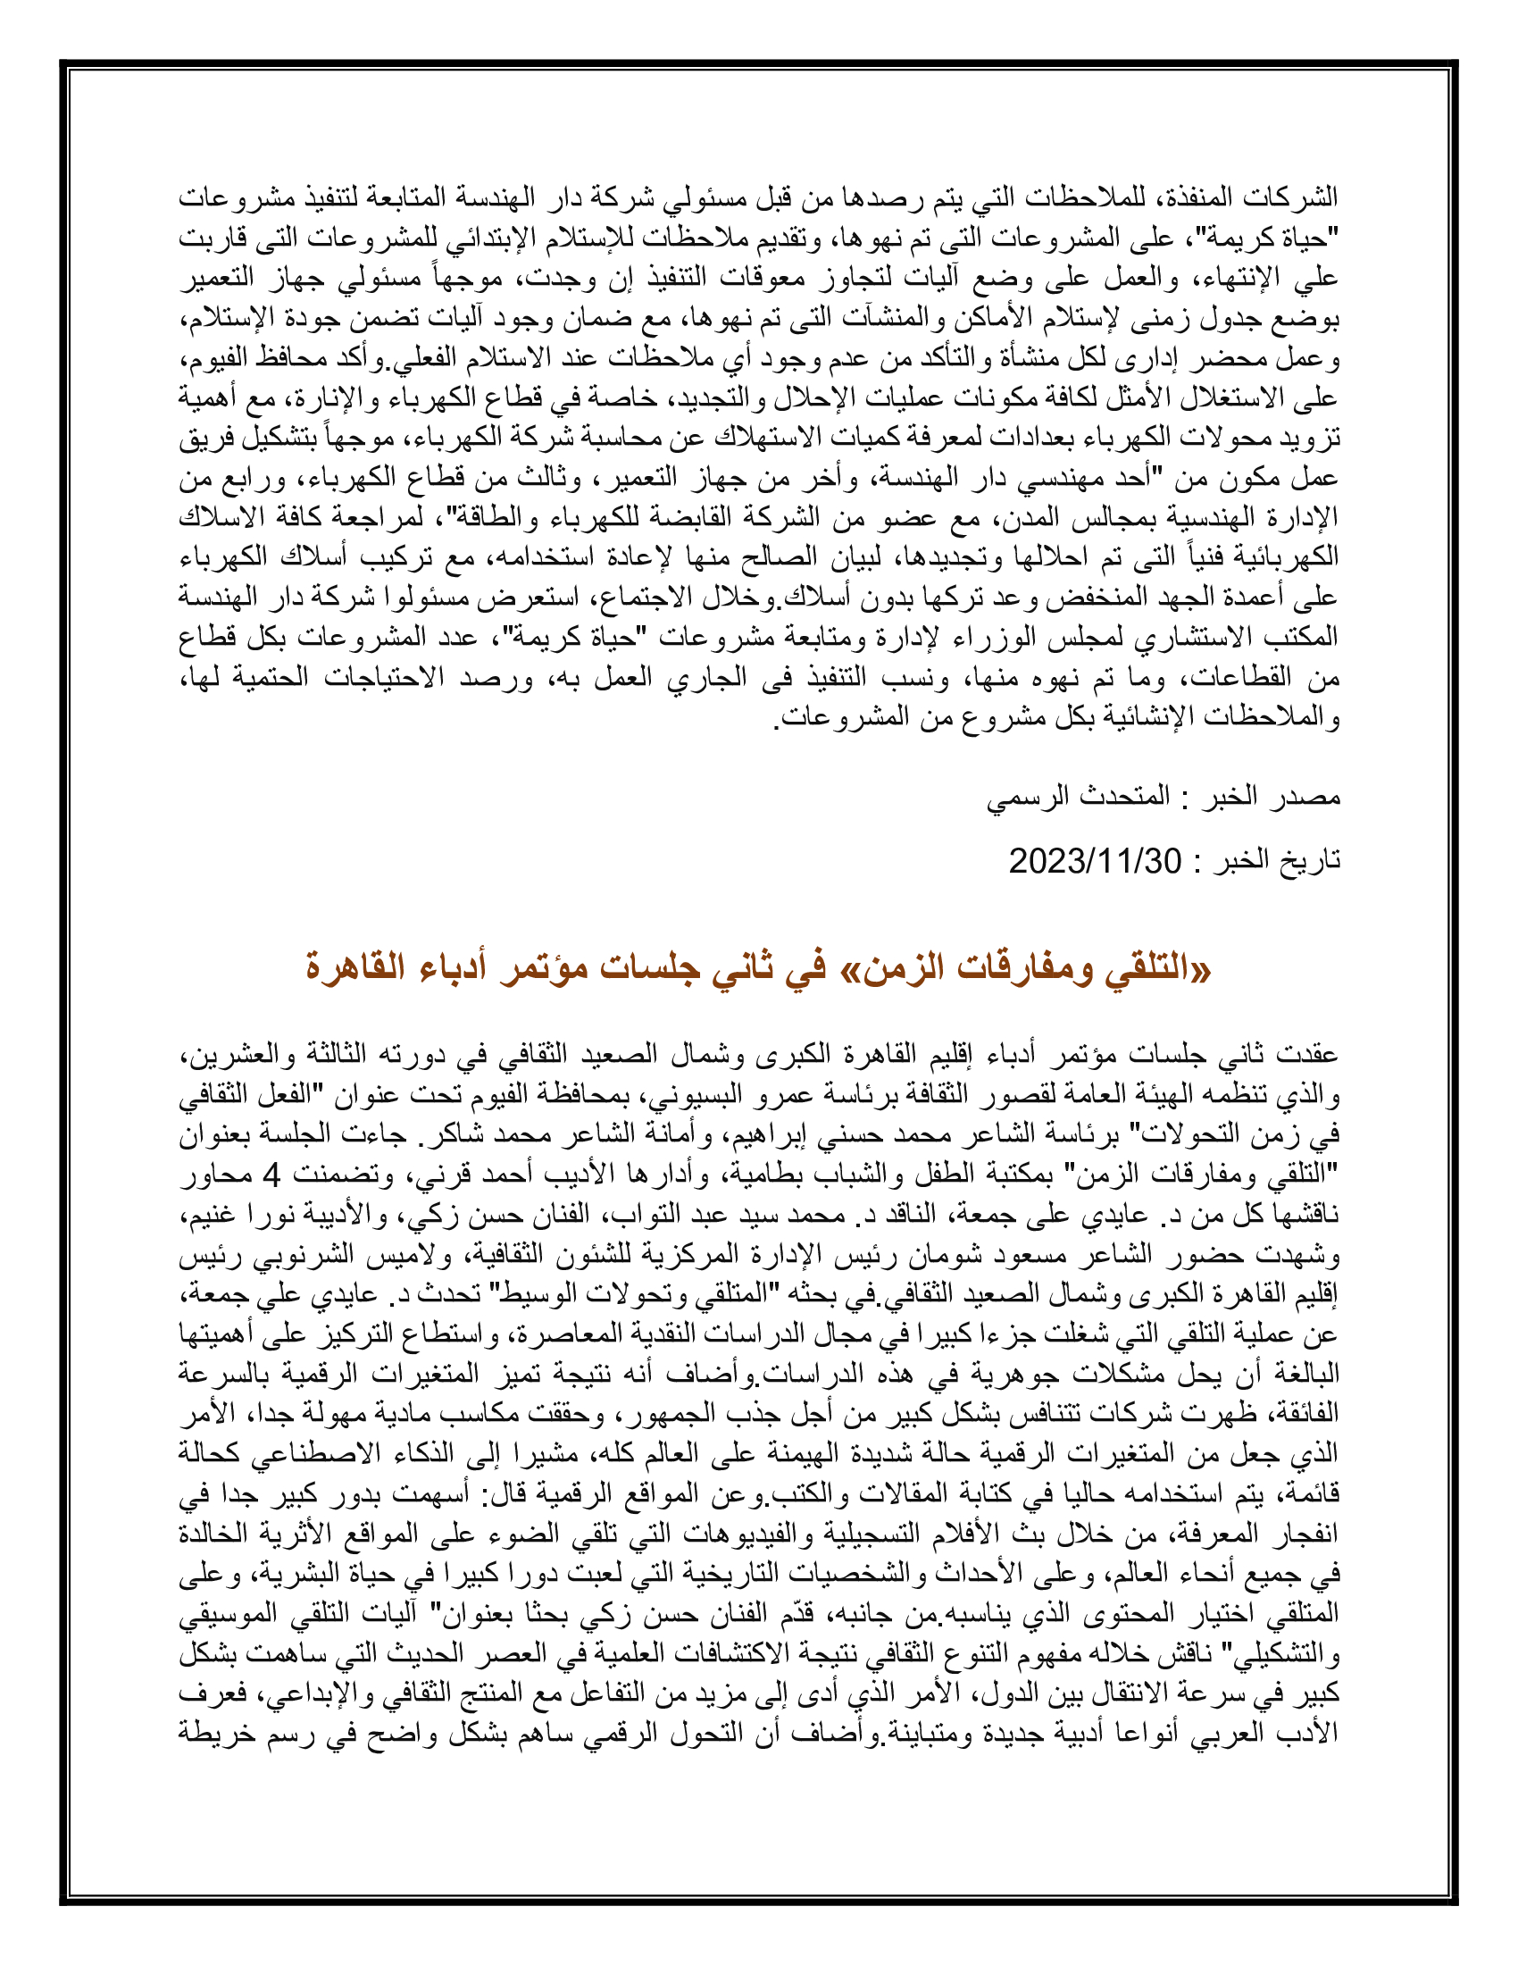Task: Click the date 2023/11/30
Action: click(x=1094, y=861)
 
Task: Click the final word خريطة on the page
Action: click(x=213, y=1733)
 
